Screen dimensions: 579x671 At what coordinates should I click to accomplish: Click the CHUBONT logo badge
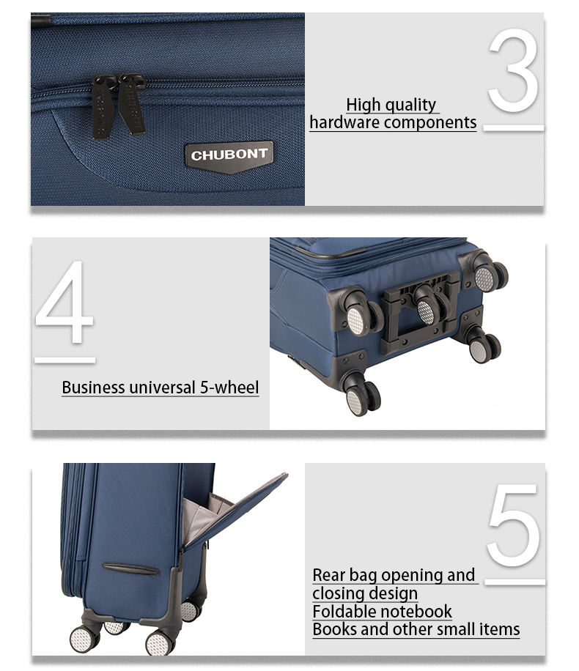click(229, 157)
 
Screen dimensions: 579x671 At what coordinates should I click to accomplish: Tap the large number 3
click(513, 70)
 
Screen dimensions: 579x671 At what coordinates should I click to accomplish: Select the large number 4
click(64, 302)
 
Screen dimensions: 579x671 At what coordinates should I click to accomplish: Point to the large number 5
click(512, 524)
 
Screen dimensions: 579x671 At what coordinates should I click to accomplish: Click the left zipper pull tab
click(103, 107)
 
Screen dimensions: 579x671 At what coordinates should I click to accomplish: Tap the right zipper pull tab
click(132, 104)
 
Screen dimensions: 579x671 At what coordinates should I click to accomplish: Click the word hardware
click(344, 122)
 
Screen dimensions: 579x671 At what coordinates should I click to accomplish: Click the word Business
click(93, 388)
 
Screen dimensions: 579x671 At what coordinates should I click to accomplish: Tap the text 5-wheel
click(229, 388)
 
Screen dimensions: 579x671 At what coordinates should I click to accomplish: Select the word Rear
click(329, 575)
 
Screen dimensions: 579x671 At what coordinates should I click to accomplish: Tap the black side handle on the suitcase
click(131, 569)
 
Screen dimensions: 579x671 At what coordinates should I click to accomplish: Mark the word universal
click(162, 388)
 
